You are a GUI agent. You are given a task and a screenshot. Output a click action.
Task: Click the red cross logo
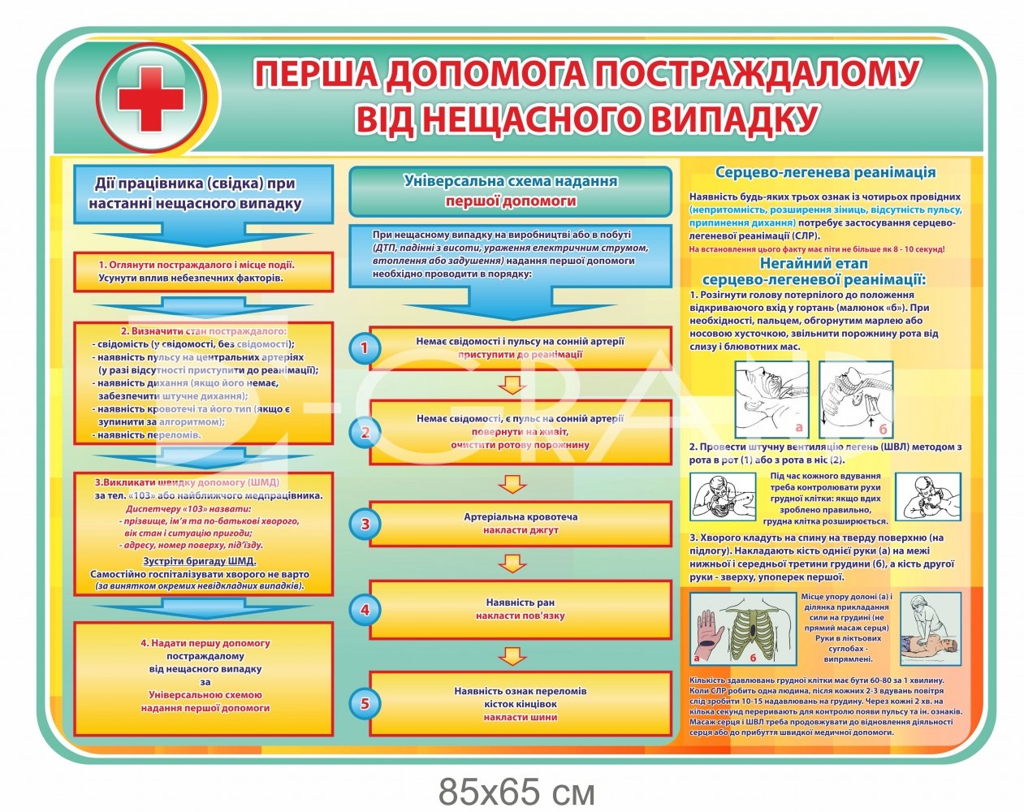click(152, 100)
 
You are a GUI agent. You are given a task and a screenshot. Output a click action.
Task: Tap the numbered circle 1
click(365, 348)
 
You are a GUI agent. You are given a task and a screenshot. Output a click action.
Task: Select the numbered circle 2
click(365, 432)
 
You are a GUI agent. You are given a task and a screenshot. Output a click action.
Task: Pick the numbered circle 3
click(365, 524)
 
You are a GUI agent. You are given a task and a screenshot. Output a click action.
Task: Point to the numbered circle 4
click(365, 609)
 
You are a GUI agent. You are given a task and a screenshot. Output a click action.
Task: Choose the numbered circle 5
click(365, 703)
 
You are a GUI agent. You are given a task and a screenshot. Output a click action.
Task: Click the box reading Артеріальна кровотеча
click(521, 524)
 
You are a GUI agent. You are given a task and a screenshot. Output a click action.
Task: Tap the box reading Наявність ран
click(521, 609)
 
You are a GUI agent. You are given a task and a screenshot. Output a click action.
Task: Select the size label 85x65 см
click(516, 790)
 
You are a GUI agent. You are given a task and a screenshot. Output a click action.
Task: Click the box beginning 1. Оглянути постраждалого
click(203, 272)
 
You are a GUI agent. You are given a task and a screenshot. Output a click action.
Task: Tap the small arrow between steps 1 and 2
click(510, 384)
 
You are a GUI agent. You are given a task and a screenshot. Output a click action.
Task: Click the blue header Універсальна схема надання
click(510, 191)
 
